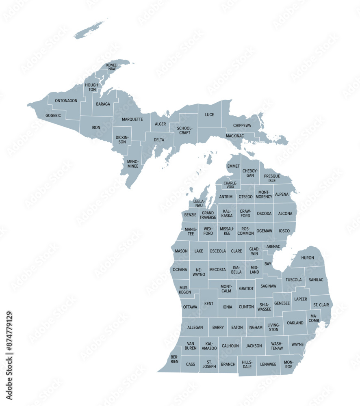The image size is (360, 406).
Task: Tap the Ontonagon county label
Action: click(66, 101)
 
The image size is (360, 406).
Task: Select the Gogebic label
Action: click(53, 115)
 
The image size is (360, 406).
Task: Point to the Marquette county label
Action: click(132, 119)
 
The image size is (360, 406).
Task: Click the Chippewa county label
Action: click(242, 125)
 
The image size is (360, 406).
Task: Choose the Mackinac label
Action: click(235, 136)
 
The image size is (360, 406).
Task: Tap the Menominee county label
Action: click(133, 164)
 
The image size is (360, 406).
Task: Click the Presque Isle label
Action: click(272, 178)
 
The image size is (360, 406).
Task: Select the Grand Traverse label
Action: click(208, 215)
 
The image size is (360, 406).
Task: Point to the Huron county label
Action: click(308, 258)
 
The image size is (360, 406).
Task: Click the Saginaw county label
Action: click(269, 286)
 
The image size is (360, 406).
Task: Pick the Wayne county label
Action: click(297, 345)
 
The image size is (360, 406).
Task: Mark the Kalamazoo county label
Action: click(209, 346)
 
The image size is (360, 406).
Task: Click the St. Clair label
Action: click(321, 304)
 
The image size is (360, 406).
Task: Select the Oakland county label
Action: click(295, 323)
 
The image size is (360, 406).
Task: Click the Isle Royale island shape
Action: click(91, 29)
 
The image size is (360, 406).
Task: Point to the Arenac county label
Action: click(273, 246)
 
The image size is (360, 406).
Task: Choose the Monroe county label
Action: click(288, 364)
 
